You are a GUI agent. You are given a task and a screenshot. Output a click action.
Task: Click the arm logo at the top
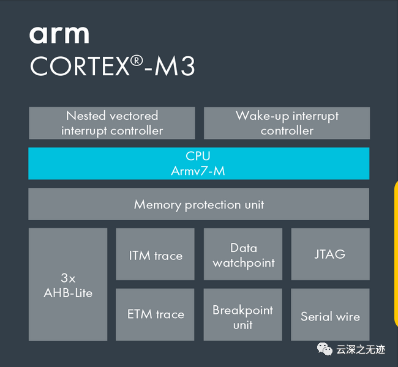pyautogui.click(x=59, y=35)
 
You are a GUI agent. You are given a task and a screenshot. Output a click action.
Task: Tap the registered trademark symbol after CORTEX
pyautogui.click(x=137, y=61)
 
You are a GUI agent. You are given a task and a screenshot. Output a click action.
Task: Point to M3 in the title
pyautogui.click(x=175, y=65)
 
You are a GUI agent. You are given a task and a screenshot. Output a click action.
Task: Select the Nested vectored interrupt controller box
pyautogui.click(x=112, y=123)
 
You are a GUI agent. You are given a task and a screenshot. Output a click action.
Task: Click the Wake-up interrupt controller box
pyautogui.click(x=287, y=123)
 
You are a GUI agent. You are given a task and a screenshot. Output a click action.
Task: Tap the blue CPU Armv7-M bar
pyautogui.click(x=199, y=163)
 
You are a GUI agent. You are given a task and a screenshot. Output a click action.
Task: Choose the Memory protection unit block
pyautogui.click(x=199, y=204)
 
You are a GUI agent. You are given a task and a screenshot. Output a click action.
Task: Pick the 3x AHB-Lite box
pyautogui.click(x=68, y=284)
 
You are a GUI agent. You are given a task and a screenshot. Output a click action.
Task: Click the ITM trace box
pyautogui.click(x=156, y=254)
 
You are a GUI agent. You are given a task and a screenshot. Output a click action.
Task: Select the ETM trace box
pyautogui.click(x=155, y=314)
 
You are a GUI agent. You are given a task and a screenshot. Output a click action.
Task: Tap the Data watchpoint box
pyautogui.click(x=243, y=254)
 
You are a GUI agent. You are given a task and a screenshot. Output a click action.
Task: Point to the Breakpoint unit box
pyautogui.click(x=243, y=314)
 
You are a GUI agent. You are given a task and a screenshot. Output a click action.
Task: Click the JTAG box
pyautogui.click(x=331, y=254)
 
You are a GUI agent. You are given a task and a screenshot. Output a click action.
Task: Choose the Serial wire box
pyautogui.click(x=330, y=314)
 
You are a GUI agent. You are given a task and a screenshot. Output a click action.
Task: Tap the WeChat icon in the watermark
pyautogui.click(x=325, y=349)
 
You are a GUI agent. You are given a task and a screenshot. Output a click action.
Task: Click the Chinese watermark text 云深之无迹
pyautogui.click(x=361, y=349)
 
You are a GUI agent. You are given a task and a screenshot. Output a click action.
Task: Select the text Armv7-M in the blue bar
pyautogui.click(x=198, y=171)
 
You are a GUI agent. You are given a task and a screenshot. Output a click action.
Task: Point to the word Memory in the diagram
pyautogui.click(x=157, y=205)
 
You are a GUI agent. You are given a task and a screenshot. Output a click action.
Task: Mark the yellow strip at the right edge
pyautogui.click(x=396, y=254)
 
